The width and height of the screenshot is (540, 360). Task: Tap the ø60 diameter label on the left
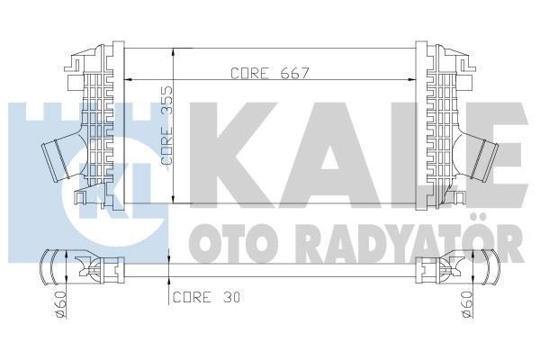click(x=59, y=309)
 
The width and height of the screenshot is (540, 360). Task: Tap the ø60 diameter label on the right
click(x=466, y=309)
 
